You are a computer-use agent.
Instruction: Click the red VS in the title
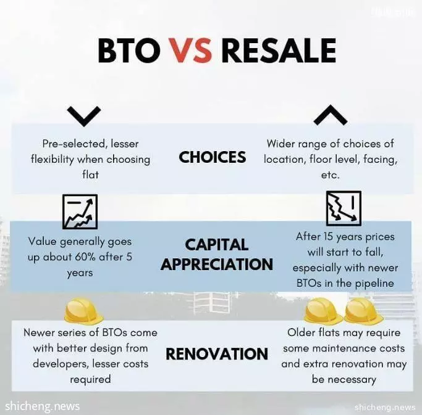click(x=190, y=51)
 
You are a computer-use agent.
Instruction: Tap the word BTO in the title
click(x=127, y=51)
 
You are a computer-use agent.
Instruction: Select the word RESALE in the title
click(x=279, y=51)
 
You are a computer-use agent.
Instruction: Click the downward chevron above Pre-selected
click(x=84, y=116)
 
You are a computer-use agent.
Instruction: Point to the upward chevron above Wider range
click(x=330, y=115)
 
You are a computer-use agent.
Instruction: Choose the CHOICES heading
click(x=213, y=157)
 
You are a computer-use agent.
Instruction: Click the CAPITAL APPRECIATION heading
click(x=217, y=255)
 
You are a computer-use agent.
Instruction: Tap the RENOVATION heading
click(x=217, y=354)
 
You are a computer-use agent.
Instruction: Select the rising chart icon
click(x=80, y=212)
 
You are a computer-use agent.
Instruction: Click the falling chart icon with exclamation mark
click(x=344, y=208)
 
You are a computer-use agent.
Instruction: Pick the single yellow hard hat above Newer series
click(x=83, y=311)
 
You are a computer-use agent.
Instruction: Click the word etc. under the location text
click(x=330, y=175)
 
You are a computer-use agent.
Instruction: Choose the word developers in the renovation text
click(x=61, y=364)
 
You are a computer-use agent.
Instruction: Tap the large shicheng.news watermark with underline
click(x=42, y=406)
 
